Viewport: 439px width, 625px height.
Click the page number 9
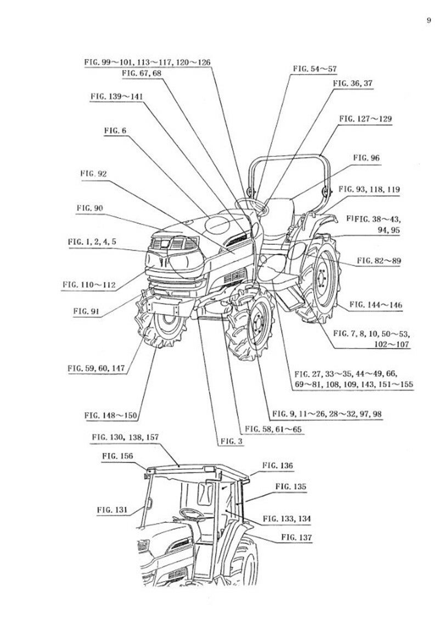click(x=427, y=21)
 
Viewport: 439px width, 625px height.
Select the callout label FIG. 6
click(x=115, y=131)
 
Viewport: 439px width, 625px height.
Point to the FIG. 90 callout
click(x=91, y=207)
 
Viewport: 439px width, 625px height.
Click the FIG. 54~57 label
click(x=314, y=69)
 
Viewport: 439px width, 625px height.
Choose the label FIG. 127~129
click(x=365, y=118)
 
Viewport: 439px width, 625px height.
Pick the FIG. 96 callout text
click(x=366, y=157)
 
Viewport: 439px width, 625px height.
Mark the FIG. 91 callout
click(x=86, y=311)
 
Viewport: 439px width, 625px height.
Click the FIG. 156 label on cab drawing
click(x=117, y=455)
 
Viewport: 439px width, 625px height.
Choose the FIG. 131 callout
click(x=112, y=509)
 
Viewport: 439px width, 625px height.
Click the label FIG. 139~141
click(x=117, y=95)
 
